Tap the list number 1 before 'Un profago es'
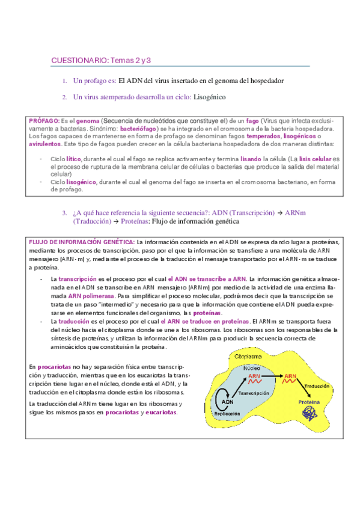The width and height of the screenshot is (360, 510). [x=64, y=80]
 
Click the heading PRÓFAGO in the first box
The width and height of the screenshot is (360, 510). [x=43, y=120]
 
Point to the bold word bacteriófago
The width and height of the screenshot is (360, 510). [x=139, y=128]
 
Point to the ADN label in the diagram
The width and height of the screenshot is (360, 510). [x=229, y=403]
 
